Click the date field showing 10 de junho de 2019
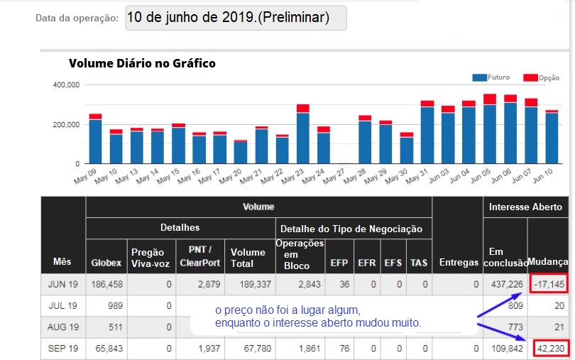[x=236, y=18]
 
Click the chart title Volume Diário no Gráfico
[x=142, y=63]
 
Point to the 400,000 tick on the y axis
[x=66, y=84]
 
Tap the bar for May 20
[x=241, y=152]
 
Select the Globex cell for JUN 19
[x=106, y=284]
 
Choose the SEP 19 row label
[x=62, y=349]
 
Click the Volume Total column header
[x=248, y=256]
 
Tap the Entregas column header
[x=458, y=262]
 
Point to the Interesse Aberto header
[x=526, y=207]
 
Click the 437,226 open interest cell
[x=505, y=284]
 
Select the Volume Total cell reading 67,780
[x=248, y=349]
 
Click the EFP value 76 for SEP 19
[x=339, y=349]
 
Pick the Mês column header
[x=62, y=262]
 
